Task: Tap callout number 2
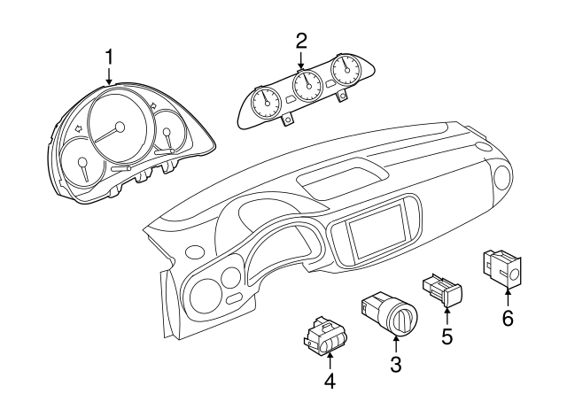(x=301, y=41)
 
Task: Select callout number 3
(x=396, y=364)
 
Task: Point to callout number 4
(x=330, y=381)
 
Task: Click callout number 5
(x=447, y=336)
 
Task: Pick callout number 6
(x=508, y=319)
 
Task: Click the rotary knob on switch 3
(x=404, y=319)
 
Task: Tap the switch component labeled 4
(x=326, y=336)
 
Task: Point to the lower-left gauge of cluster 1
(x=83, y=167)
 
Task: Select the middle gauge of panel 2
(x=307, y=85)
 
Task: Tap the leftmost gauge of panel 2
(x=267, y=103)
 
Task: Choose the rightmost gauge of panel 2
(x=347, y=70)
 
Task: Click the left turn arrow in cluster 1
(x=78, y=127)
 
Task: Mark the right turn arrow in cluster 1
(x=153, y=105)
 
